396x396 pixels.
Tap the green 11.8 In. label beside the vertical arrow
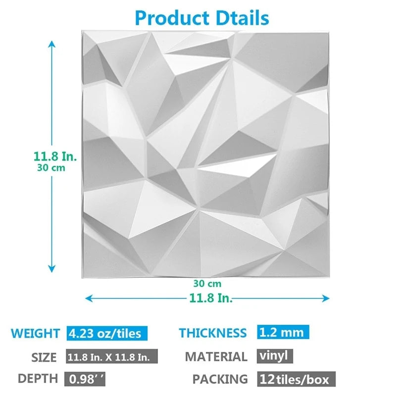(x=55, y=156)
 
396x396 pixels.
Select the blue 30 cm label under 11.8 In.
(x=51, y=167)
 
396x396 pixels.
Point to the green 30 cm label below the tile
(x=207, y=284)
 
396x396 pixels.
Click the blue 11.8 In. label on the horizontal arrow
(x=210, y=298)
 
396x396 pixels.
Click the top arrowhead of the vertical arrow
(x=51, y=44)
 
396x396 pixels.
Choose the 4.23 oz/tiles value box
(x=107, y=333)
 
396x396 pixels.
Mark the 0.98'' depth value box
(x=85, y=379)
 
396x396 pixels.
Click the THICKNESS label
(x=212, y=333)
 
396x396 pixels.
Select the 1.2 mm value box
(x=283, y=332)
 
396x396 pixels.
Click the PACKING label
(x=220, y=379)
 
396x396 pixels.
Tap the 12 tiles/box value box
(x=296, y=380)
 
